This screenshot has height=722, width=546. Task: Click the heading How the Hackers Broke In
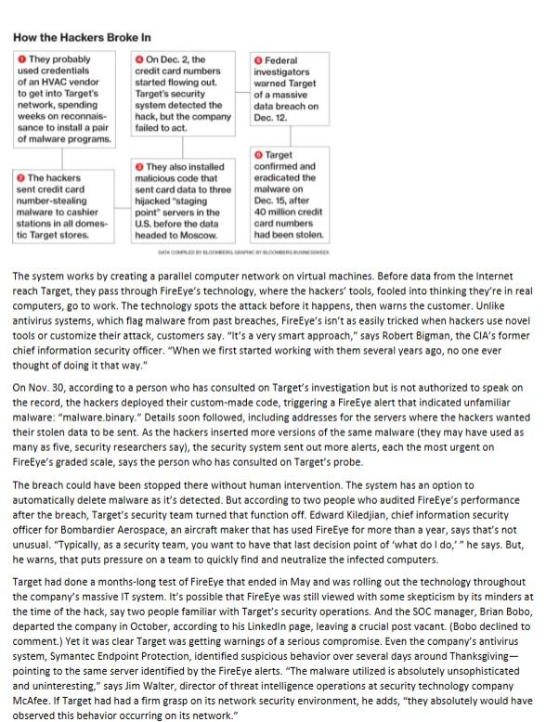click(x=82, y=38)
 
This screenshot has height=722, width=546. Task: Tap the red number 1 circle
click(x=22, y=58)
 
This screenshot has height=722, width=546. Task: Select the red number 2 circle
click(x=22, y=177)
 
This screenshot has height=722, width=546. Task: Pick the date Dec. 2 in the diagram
click(x=175, y=58)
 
